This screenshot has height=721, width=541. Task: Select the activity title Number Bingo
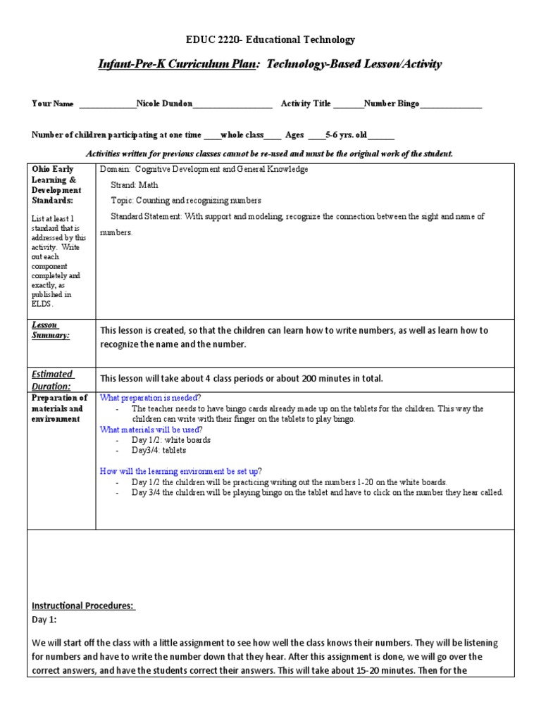(x=391, y=104)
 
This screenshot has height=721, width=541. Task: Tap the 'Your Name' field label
(x=53, y=104)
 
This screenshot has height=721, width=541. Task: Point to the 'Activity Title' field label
(x=306, y=104)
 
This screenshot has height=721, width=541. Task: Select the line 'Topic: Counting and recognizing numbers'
(x=186, y=200)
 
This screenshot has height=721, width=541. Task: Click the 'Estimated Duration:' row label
(x=52, y=380)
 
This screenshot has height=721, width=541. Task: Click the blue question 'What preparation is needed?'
(x=150, y=398)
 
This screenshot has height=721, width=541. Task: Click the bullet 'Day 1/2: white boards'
(x=171, y=440)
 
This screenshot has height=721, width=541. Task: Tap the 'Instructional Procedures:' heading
(x=84, y=606)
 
